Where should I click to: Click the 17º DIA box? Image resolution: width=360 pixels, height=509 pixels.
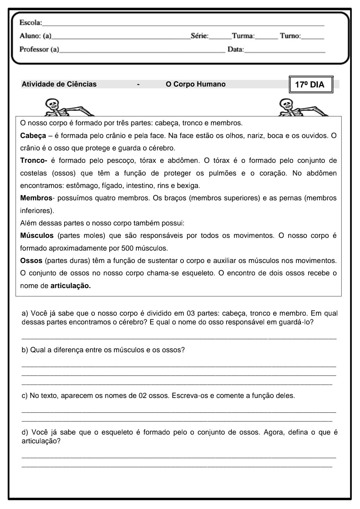point(311,85)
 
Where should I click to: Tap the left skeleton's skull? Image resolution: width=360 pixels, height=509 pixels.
point(52,105)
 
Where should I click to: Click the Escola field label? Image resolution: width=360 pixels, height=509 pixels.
point(31,23)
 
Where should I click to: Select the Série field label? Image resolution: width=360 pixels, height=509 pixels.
point(200,36)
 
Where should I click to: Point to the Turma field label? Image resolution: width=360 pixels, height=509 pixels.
point(243,36)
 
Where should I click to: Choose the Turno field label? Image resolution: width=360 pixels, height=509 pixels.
point(290,36)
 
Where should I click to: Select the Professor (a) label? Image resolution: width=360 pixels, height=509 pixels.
point(39,49)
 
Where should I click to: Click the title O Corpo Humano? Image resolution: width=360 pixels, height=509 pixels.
point(195,84)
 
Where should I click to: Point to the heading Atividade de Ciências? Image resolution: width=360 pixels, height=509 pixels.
point(59,84)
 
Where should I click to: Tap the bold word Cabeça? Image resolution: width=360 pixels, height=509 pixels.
point(33,136)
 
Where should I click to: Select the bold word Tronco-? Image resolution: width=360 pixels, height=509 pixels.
point(34,160)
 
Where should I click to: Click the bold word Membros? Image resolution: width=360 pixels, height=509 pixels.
point(36,198)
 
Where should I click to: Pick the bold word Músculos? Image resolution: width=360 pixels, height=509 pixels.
point(37,235)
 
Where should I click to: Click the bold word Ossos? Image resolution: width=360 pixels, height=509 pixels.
point(31,261)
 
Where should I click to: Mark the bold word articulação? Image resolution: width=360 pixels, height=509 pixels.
point(70,286)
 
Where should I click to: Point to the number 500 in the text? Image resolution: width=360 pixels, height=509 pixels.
point(127,248)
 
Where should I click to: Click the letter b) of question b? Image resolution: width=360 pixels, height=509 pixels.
point(25,350)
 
